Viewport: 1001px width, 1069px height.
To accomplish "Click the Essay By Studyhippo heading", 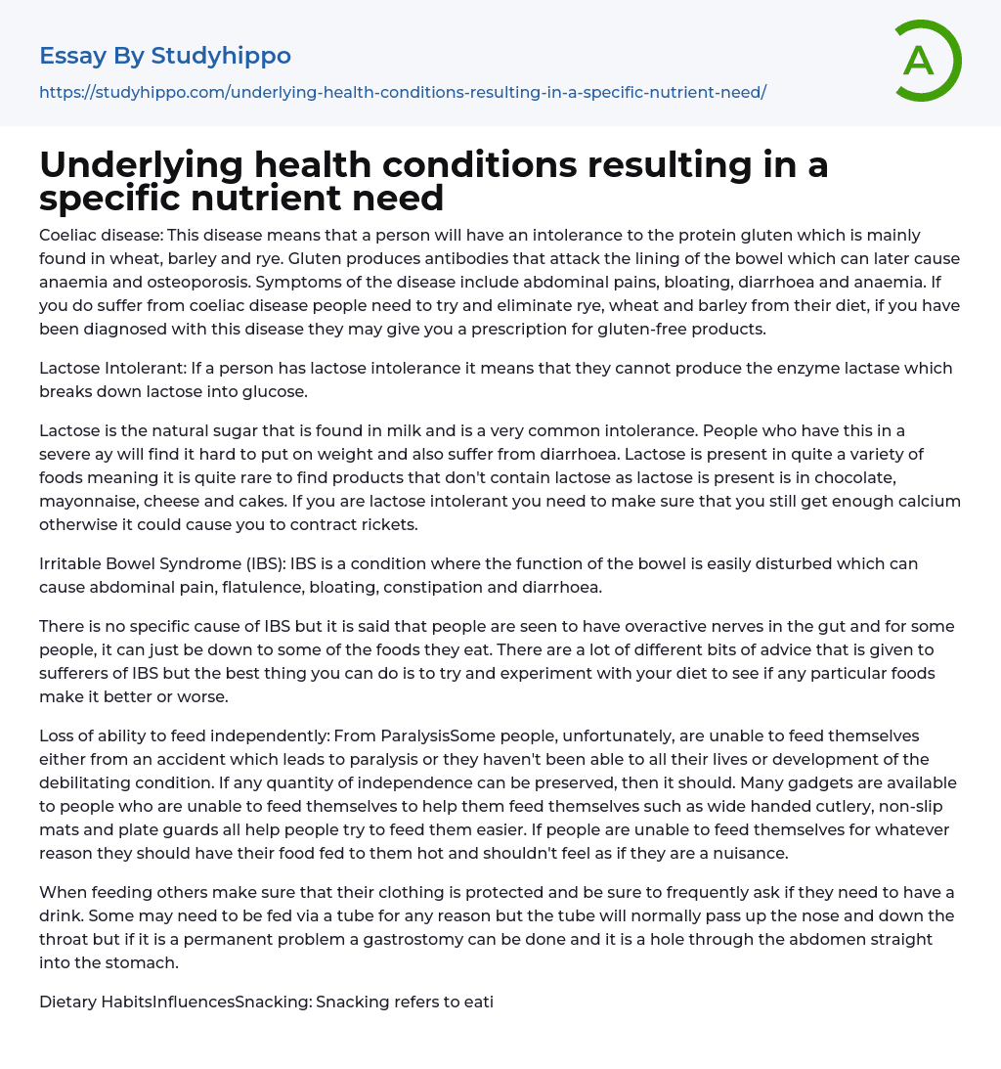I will pyautogui.click(x=165, y=56).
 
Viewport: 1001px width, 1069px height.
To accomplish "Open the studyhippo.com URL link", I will pyautogui.click(x=402, y=92).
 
